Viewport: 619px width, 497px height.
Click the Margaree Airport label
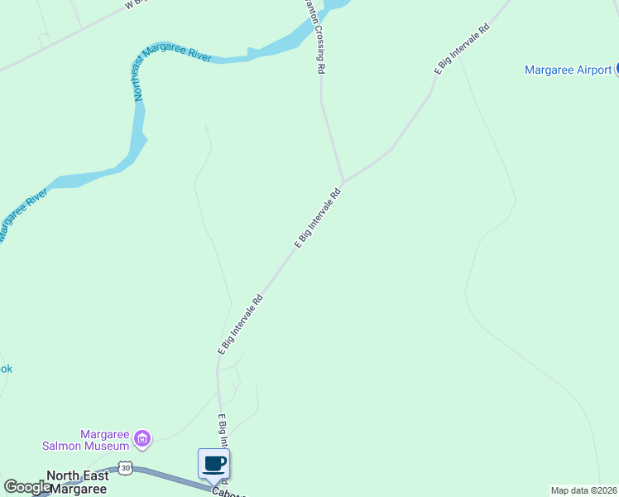click(568, 70)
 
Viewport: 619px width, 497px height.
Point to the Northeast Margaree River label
click(171, 71)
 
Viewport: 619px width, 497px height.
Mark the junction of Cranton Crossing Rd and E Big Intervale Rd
click(343, 181)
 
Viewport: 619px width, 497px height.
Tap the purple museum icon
click(142, 437)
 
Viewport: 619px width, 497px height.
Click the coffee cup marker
click(214, 463)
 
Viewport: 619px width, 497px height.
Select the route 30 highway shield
click(125, 469)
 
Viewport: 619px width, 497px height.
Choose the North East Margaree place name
click(78, 481)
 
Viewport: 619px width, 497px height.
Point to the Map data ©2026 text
click(584, 490)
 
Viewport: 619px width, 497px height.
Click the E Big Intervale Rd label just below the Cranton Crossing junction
click(319, 217)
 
